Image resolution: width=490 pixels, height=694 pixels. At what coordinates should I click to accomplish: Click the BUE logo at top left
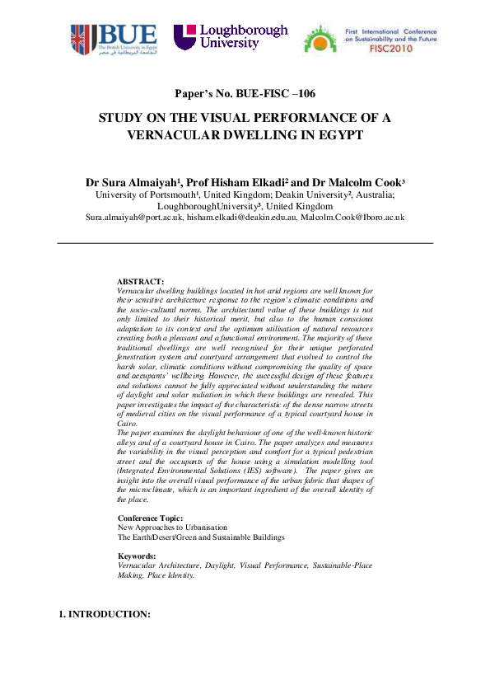(114, 40)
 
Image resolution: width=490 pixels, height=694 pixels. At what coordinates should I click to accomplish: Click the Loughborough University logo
(231, 37)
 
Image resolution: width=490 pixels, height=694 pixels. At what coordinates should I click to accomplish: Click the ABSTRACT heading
(141, 282)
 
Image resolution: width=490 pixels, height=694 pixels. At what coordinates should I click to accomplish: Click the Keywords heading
(137, 556)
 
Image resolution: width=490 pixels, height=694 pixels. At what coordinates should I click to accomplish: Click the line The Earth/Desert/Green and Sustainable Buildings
(201, 537)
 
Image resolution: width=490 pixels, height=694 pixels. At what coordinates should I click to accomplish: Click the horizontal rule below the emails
(245, 243)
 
